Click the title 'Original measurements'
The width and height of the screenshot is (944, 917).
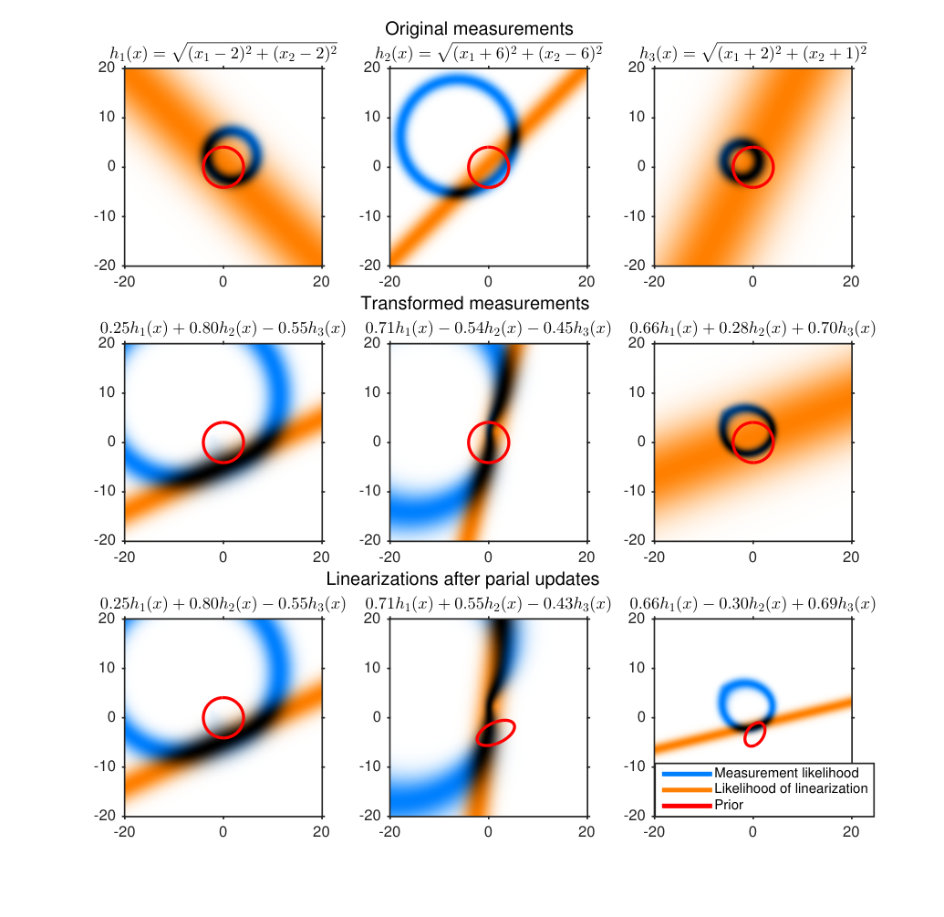[x=479, y=28]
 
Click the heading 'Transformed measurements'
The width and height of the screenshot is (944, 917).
[x=474, y=303]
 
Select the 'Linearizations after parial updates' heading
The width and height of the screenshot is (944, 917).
[x=462, y=578]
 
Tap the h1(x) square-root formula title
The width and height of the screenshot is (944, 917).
[x=223, y=53]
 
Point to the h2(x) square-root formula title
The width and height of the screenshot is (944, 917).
[x=488, y=53]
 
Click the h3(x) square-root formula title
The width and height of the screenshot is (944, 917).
[x=753, y=53]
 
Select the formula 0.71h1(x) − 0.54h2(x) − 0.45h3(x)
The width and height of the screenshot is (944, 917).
[x=488, y=328]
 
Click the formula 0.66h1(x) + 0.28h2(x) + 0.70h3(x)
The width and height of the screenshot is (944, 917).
[x=752, y=328]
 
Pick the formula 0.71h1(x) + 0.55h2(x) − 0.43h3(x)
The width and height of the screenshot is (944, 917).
[x=488, y=604]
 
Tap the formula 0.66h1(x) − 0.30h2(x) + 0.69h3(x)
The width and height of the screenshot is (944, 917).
[x=752, y=604]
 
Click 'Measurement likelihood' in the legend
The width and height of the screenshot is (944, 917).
[x=786, y=773]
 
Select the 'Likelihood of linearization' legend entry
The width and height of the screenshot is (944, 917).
[x=791, y=788]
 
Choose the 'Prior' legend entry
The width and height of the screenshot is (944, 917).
[x=729, y=805]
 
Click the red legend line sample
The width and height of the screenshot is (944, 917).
[x=687, y=806]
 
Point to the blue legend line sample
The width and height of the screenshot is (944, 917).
[x=687, y=774]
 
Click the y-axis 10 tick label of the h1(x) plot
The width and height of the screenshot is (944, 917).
[x=107, y=117]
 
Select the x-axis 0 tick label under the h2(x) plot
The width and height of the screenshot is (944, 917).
[x=488, y=281]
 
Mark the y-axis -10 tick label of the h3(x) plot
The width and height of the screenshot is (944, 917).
[x=635, y=216]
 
